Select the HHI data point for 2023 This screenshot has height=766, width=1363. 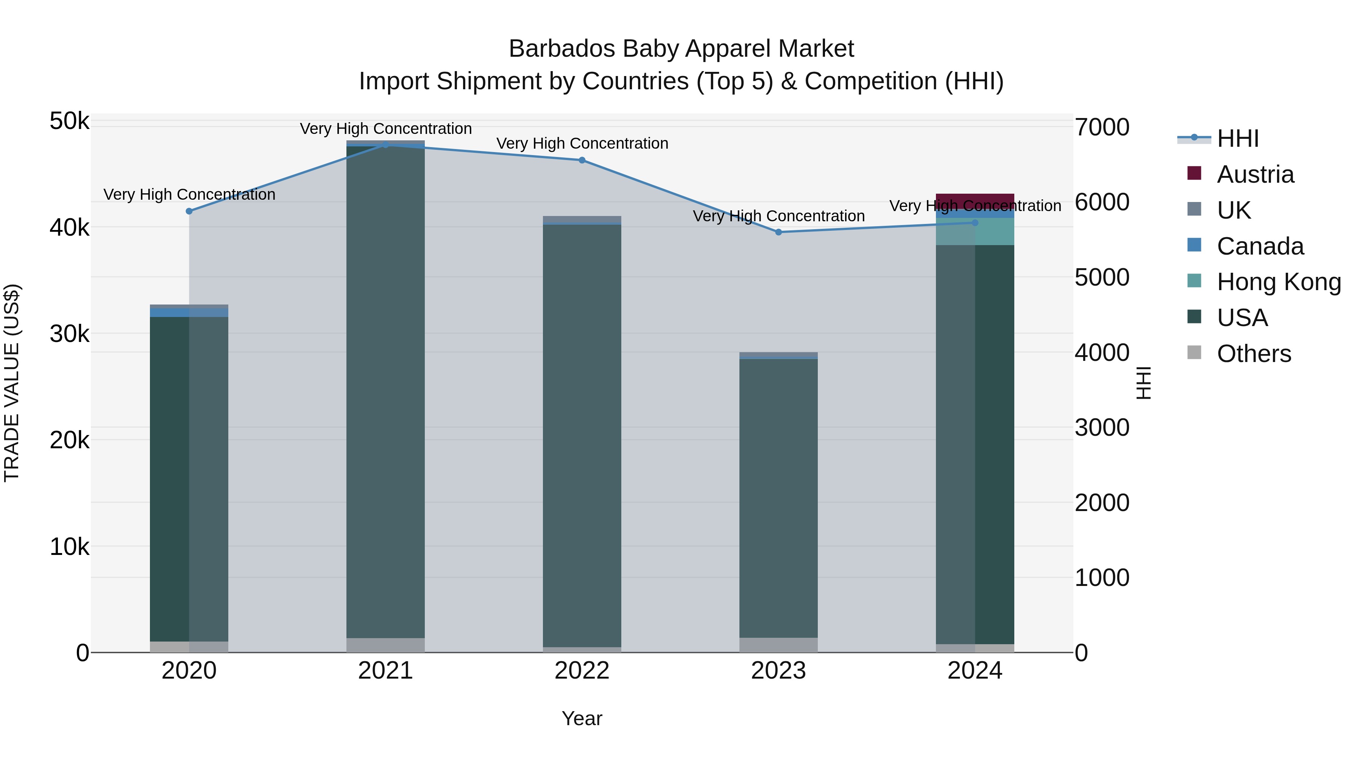[778, 232]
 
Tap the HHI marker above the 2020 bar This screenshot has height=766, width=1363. [189, 211]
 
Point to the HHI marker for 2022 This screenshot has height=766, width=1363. [582, 160]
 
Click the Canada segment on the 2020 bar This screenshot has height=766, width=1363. [189, 312]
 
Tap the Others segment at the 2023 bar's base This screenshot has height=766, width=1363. [778, 645]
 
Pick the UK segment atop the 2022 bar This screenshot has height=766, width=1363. [582, 219]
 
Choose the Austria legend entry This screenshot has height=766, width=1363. [1255, 174]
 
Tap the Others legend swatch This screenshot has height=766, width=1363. [1194, 353]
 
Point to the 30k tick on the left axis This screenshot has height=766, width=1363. [69, 334]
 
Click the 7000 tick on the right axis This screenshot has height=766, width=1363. [1102, 127]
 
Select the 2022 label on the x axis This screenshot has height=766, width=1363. [582, 671]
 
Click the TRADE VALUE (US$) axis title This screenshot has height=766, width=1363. [12, 383]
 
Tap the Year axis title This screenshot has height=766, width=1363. [582, 718]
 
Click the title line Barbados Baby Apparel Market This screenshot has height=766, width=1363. [681, 49]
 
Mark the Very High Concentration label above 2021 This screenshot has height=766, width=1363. [386, 129]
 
